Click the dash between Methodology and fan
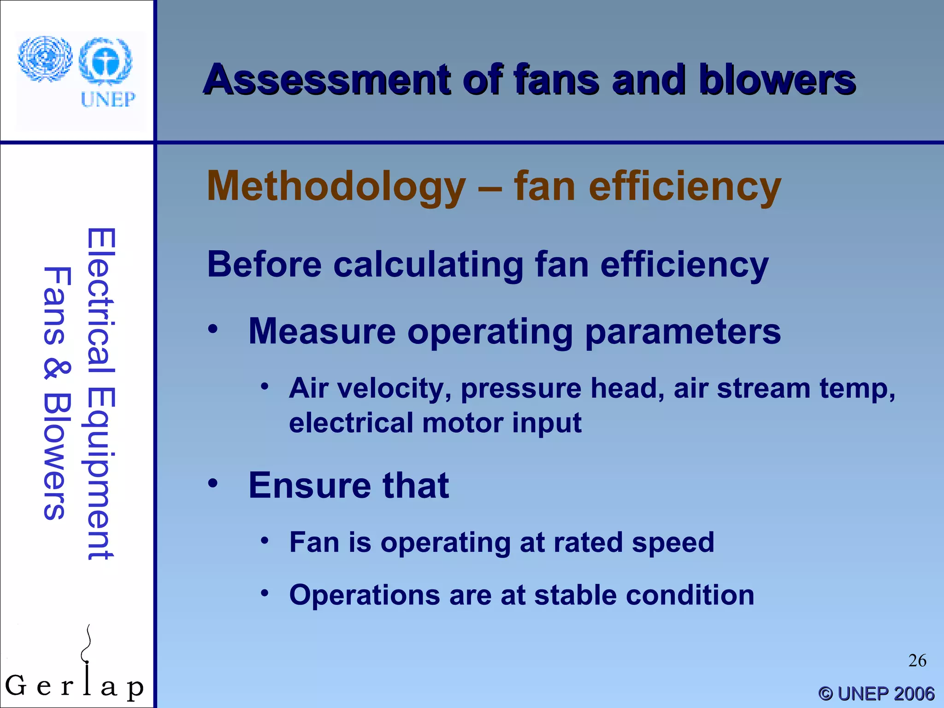(x=490, y=188)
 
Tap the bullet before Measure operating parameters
(x=212, y=329)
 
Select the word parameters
(x=683, y=332)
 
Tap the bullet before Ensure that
(x=212, y=483)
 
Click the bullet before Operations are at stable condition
(x=264, y=593)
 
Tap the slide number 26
(x=917, y=661)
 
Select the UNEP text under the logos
(x=108, y=99)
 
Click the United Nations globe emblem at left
(x=45, y=59)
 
